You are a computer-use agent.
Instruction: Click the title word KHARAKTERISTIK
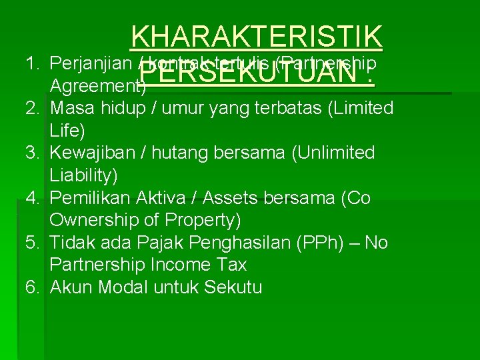(257, 38)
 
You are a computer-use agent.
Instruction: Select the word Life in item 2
(63, 131)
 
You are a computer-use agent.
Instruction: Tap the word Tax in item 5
(233, 265)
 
